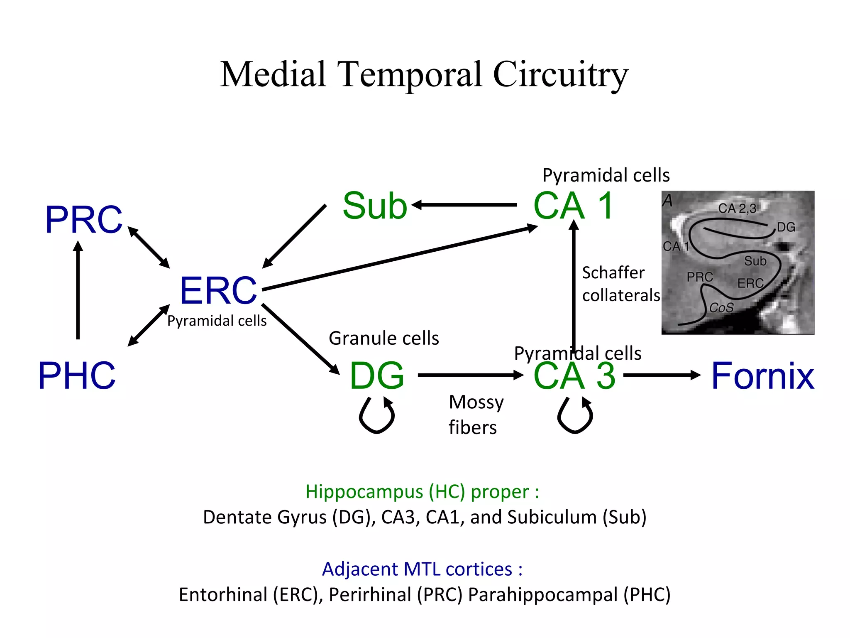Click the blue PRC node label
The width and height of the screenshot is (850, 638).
click(84, 220)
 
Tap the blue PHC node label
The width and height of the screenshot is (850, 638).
click(77, 375)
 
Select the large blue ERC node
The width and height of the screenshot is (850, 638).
click(218, 290)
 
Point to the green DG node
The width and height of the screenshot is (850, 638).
click(377, 375)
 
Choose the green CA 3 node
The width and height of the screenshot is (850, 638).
click(574, 375)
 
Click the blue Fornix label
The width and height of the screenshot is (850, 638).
click(763, 375)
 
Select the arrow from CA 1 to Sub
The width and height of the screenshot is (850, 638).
click(465, 205)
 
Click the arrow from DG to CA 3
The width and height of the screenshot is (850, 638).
click(471, 375)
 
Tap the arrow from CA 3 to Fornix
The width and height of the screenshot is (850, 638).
click(662, 375)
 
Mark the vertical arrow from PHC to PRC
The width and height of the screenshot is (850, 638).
click(78, 291)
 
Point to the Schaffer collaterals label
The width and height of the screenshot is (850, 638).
click(620, 284)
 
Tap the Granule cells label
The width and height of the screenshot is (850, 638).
click(384, 338)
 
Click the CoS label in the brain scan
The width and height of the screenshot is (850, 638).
click(721, 308)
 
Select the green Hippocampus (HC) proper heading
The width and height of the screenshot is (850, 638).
click(422, 492)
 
